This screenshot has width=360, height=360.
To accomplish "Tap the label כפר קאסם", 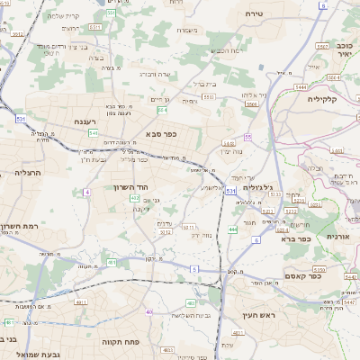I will (317, 271).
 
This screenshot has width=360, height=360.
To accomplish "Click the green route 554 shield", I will (162, 110).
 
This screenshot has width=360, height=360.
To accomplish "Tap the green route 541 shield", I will (93, 133).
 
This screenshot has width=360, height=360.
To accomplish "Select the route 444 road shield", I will (232, 229).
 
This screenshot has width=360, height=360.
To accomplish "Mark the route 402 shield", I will (135, 197).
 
